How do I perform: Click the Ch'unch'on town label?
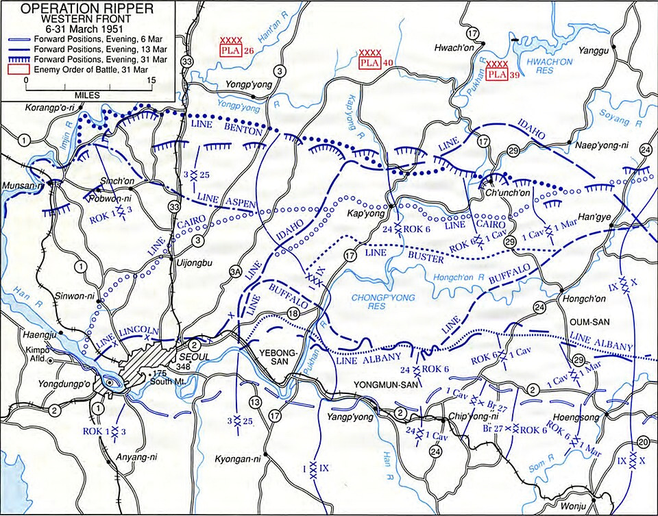pos(504,194)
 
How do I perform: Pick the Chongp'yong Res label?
pos(379,302)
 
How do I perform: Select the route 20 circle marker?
pos(642,441)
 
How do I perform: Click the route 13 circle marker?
pos(256,402)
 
